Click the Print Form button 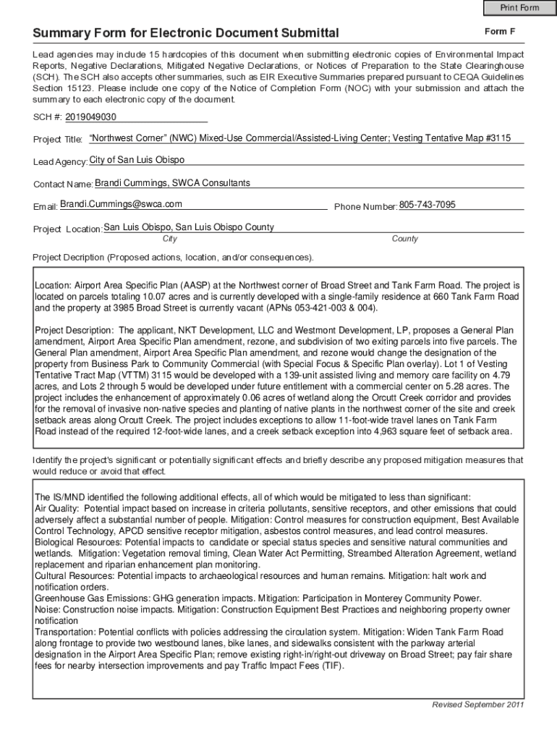(x=519, y=8)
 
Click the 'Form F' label (x=499, y=33)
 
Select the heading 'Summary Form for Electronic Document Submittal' (x=185, y=33)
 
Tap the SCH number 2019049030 (x=90, y=117)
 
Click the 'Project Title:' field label (x=58, y=139)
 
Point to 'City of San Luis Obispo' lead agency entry (x=137, y=160)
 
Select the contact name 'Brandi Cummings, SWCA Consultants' (x=172, y=183)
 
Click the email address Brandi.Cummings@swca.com (x=121, y=205)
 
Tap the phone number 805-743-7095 (x=427, y=205)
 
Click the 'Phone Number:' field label (x=365, y=207)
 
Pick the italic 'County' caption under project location (x=404, y=239)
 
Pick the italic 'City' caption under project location (x=169, y=239)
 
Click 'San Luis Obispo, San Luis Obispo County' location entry (x=189, y=227)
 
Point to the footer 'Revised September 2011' (x=477, y=705)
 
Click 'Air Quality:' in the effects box (x=58, y=509)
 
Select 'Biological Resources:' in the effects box (x=78, y=542)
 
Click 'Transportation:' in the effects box (x=65, y=632)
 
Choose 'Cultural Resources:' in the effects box (x=75, y=576)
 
